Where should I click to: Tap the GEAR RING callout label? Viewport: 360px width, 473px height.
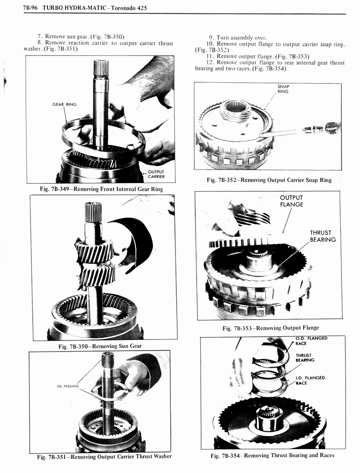[64, 104]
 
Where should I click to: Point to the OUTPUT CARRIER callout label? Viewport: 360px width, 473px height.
[156, 174]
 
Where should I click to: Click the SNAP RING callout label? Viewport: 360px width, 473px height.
[283, 89]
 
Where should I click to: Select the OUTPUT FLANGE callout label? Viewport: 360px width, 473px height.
[292, 201]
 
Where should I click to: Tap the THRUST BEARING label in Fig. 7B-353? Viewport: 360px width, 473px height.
[323, 236]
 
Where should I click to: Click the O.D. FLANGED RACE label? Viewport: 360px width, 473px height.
[312, 341]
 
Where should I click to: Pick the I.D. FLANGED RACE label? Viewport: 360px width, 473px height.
[310, 380]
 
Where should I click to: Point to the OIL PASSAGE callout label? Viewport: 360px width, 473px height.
[68, 386]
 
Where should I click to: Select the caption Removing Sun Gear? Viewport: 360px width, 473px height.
[100, 346]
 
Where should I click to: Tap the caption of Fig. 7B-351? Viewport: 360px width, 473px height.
[104, 456]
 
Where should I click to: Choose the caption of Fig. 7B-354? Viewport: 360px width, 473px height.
[272, 455]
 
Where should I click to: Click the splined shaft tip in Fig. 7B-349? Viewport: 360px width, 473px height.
[101, 68]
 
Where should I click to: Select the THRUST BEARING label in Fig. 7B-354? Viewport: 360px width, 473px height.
[305, 358]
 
